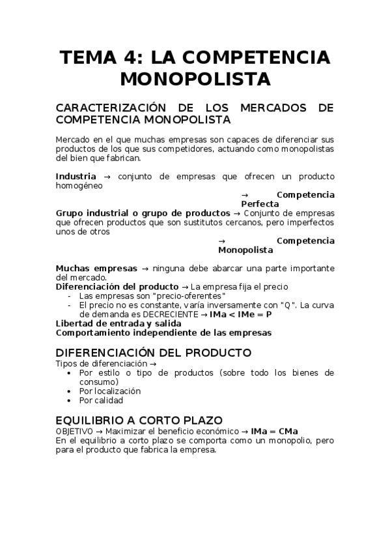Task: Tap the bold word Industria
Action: pyautogui.click(x=76, y=177)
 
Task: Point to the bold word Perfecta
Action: pyautogui.click(x=260, y=204)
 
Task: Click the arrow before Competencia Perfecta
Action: pyautogui.click(x=245, y=195)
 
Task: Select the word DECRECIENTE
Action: pyautogui.click(x=163, y=314)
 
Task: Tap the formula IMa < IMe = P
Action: pyautogui.click(x=240, y=314)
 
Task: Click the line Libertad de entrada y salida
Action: pyautogui.click(x=118, y=323)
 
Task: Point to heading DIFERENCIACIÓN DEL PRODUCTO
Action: pyautogui.click(x=153, y=353)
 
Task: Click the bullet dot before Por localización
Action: pyautogui.click(x=70, y=391)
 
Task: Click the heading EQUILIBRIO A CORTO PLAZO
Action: pyautogui.click(x=139, y=421)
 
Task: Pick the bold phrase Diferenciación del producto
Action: pyautogui.click(x=117, y=286)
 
